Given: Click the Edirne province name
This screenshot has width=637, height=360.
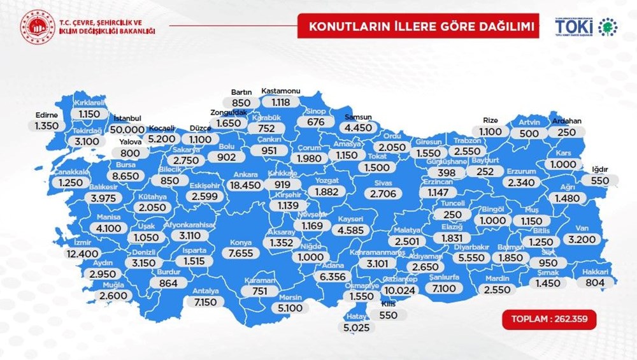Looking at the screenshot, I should click(x=47, y=115).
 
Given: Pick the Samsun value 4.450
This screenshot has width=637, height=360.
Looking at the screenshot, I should click(x=357, y=128).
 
